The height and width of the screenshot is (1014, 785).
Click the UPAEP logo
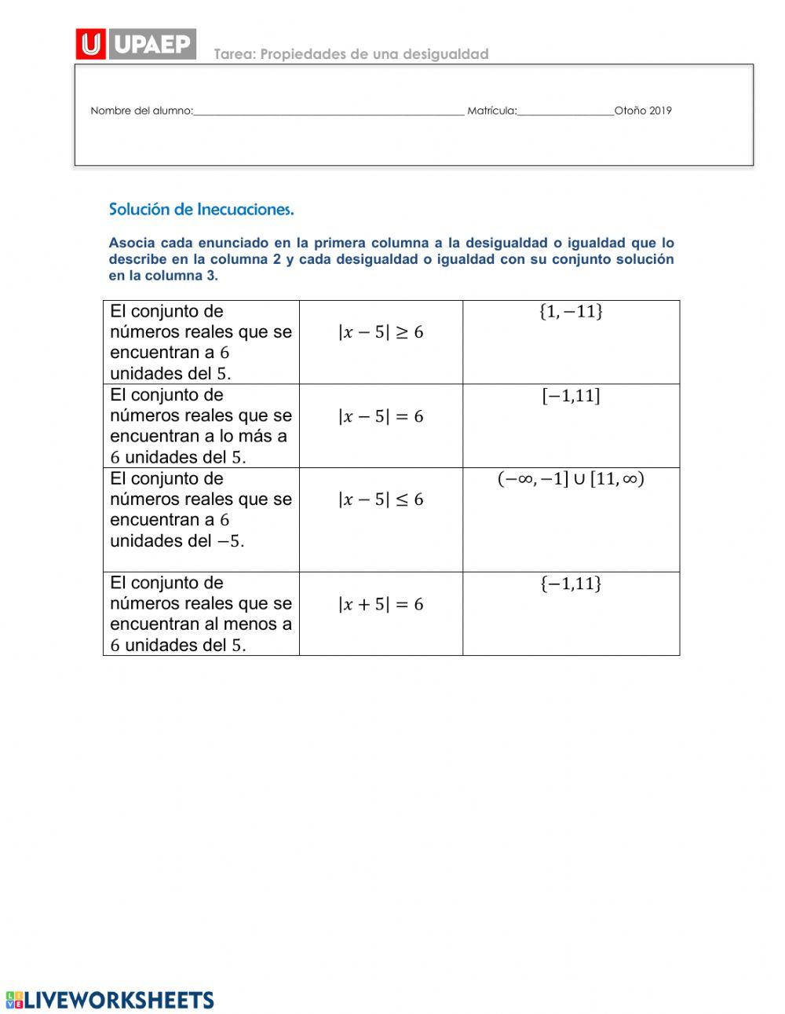click(136, 44)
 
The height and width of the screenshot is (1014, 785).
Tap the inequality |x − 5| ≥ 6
click(381, 332)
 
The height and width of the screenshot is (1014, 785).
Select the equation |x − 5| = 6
click(381, 416)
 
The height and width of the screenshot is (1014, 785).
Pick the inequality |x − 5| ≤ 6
click(381, 500)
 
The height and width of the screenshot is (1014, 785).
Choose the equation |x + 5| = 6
click(381, 604)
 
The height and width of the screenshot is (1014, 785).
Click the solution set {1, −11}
click(571, 312)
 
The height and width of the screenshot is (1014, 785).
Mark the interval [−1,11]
click(571, 396)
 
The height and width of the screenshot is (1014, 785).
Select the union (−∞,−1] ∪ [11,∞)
click(571, 479)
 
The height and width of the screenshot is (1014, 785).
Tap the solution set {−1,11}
click(571, 584)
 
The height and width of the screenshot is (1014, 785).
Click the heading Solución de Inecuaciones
click(201, 210)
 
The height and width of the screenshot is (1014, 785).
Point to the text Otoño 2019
click(643, 111)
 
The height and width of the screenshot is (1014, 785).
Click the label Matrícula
click(491, 111)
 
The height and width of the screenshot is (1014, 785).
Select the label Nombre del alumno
click(141, 111)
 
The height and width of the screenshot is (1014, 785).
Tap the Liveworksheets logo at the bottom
click(109, 999)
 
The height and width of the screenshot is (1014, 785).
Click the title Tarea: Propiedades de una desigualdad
click(351, 54)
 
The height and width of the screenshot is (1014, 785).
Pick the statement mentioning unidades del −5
click(200, 510)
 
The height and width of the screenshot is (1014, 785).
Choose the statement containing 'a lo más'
click(200, 426)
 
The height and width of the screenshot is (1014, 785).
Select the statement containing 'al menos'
click(200, 614)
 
